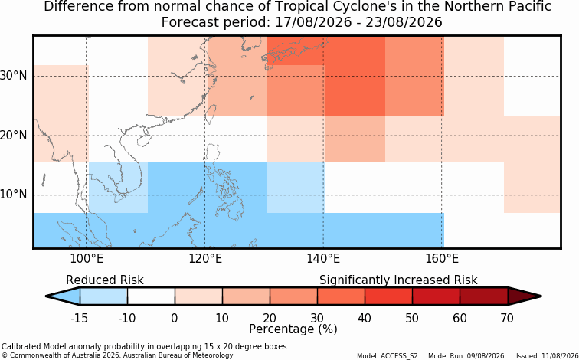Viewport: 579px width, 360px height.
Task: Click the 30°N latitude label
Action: [13, 76]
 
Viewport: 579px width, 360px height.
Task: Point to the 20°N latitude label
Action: [13, 136]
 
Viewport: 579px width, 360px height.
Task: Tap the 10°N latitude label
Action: [13, 195]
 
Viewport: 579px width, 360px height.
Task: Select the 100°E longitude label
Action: [87, 259]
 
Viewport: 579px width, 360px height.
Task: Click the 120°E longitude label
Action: [205, 259]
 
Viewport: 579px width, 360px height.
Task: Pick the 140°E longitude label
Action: [323, 259]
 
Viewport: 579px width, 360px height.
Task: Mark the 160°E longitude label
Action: [442, 259]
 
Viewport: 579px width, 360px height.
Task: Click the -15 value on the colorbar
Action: [79, 318]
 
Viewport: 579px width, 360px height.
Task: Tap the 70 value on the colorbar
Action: [507, 318]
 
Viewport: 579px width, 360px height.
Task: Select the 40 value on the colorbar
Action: [365, 318]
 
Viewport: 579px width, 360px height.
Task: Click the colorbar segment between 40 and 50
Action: [388, 296]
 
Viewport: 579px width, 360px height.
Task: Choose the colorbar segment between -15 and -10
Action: [103, 296]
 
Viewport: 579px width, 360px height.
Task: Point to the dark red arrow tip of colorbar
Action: [525, 296]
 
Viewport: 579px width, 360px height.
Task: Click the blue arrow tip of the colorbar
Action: [63, 296]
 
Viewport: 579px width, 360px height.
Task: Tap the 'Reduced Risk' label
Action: [104, 280]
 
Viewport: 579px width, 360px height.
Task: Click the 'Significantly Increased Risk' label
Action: [398, 280]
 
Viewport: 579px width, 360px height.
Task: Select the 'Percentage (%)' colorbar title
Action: [293, 329]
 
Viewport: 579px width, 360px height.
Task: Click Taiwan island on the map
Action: [211, 114]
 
